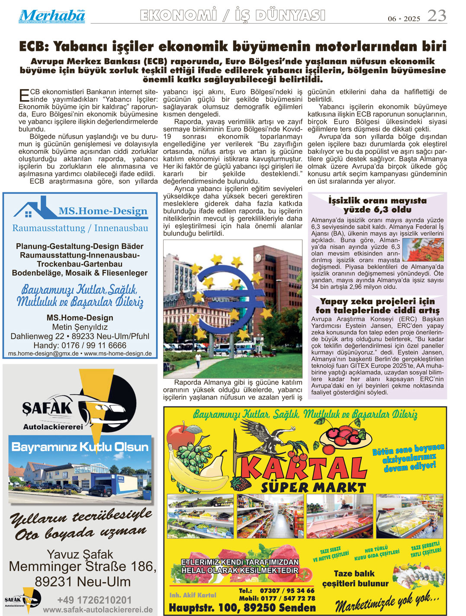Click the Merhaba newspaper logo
(51, 16)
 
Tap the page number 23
(437, 16)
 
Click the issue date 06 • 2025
(404, 19)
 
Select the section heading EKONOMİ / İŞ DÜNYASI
(232, 16)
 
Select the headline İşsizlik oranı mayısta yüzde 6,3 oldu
(377, 205)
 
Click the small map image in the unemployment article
(423, 249)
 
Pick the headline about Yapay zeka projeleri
(377, 305)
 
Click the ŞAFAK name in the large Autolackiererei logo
(47, 408)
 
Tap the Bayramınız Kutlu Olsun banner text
(80, 447)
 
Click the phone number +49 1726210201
(94, 600)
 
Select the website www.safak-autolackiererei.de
(98, 610)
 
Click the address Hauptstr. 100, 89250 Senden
(242, 607)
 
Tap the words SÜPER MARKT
(313, 487)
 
